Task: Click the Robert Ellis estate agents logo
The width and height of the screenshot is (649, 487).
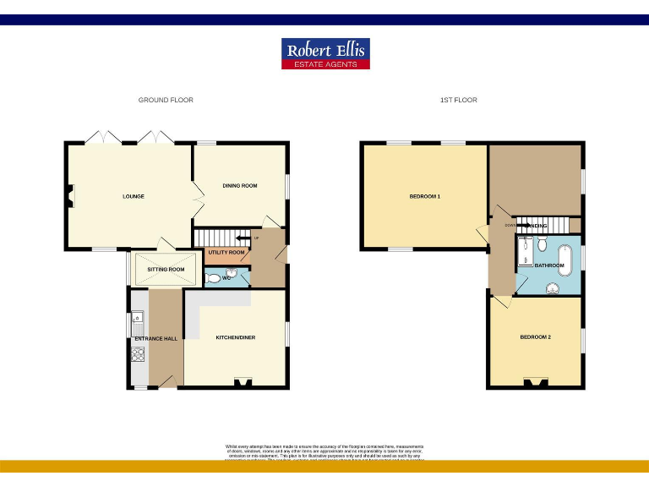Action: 325,53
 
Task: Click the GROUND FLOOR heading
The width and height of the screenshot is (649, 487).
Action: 166,100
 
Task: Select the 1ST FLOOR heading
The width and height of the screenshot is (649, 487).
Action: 459,100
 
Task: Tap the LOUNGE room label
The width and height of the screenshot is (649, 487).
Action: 133,196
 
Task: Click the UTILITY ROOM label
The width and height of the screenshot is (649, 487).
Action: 226,252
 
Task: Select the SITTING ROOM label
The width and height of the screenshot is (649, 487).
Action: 166,270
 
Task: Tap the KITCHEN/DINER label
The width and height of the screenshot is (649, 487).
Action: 236,337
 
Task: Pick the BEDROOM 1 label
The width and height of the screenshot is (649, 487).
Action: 425,196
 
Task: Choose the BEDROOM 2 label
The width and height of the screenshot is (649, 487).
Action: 535,337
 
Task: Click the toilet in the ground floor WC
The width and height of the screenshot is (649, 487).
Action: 214,277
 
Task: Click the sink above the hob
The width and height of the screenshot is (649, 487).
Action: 139,323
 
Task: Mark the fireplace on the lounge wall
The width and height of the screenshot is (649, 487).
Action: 71,196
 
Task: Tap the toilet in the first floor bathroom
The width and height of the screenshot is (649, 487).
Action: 552,287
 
